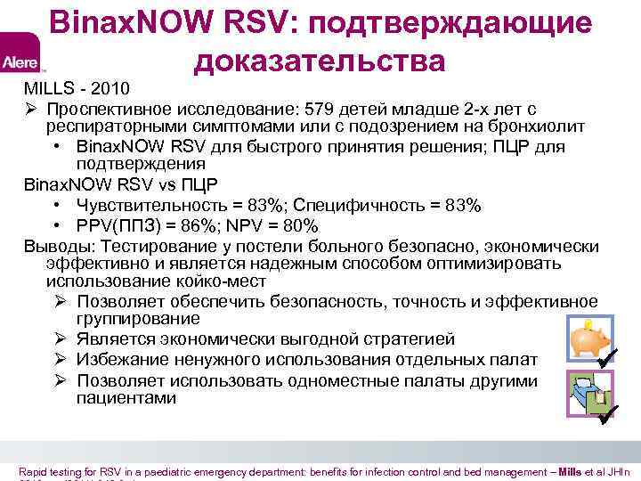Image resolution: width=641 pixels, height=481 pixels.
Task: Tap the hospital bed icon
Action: click(584, 393)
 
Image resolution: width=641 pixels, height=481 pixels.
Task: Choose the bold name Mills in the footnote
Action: click(571, 471)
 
